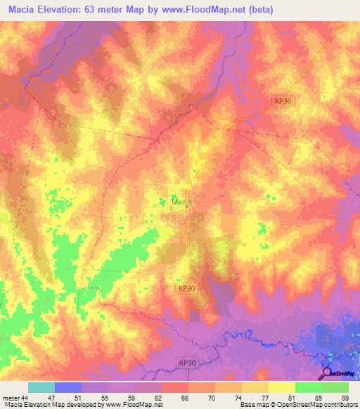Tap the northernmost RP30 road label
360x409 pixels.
[283, 102]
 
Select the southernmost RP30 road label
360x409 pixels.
[186, 362]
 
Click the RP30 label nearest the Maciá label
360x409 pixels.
[186, 288]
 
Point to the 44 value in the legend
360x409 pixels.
[25, 398]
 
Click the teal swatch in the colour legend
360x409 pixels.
[41, 387]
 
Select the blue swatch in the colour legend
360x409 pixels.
[68, 387]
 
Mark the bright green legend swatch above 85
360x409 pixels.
[309, 387]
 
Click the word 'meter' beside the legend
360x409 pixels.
[11, 398]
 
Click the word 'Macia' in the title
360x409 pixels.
[23, 10]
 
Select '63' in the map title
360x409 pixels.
[96, 10]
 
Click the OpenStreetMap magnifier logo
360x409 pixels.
[328, 374]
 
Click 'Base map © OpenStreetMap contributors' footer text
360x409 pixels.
[297, 405]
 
